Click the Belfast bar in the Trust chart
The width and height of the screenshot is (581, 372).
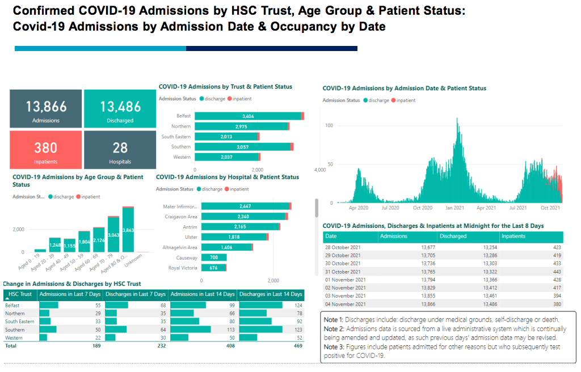249,116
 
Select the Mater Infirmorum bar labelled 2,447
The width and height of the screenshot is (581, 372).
245,206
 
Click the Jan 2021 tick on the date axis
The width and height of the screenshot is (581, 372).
455,208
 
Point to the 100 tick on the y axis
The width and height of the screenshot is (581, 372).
329,125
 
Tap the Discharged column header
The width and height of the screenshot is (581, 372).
453,236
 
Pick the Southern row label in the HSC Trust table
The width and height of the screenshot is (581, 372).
15,329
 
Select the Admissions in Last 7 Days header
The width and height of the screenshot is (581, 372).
70,294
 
